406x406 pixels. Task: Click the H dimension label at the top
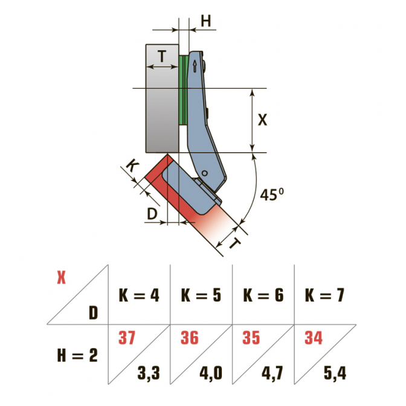(x=206, y=21)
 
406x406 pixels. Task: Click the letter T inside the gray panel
(x=162, y=56)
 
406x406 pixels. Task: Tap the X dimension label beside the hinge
(x=262, y=120)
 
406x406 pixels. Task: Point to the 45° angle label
(x=272, y=194)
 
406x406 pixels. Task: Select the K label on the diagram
(x=132, y=166)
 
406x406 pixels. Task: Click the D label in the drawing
(x=152, y=214)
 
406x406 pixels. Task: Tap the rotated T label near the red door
(x=235, y=243)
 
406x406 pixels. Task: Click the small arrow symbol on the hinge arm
(x=195, y=66)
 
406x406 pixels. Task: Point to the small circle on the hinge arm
(x=205, y=173)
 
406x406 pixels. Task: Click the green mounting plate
(x=183, y=90)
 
